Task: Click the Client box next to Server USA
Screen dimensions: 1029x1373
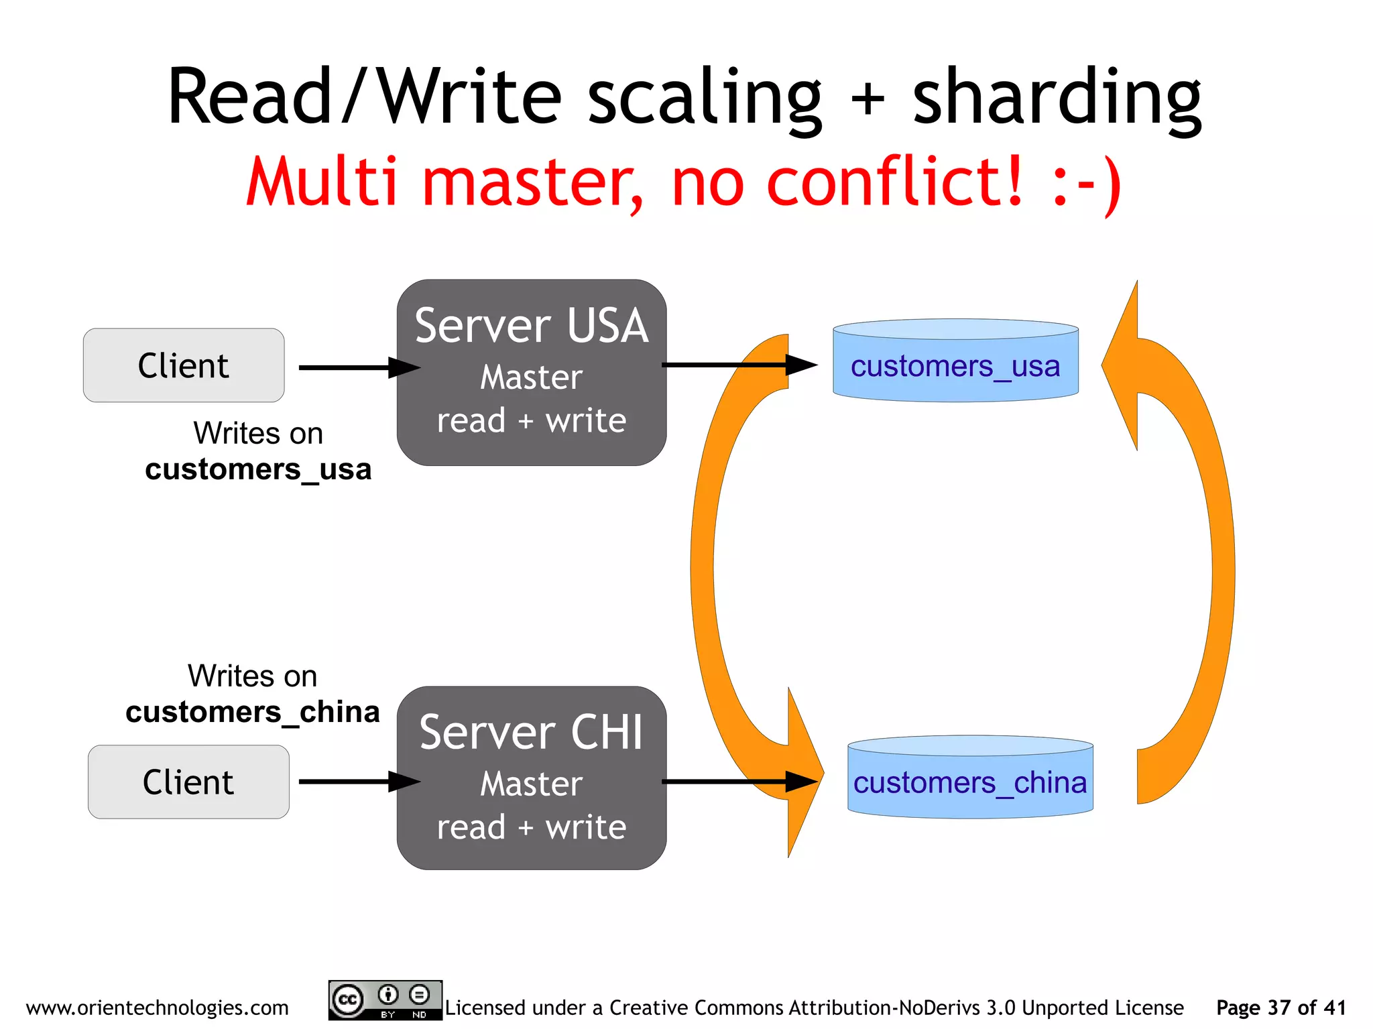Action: (183, 365)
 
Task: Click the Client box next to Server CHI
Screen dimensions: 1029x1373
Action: (188, 782)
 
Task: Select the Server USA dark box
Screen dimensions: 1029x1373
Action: (531, 373)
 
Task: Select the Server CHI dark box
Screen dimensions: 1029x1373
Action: (531, 778)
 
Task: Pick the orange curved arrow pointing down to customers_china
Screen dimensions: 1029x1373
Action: (704, 570)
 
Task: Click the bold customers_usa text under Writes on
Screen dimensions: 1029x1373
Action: (258, 469)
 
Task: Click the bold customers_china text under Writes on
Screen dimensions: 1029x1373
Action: (253, 712)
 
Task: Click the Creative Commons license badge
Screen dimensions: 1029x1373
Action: (385, 1000)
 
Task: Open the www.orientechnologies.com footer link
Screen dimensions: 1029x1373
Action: (157, 1008)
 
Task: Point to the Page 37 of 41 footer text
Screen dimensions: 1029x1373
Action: (1280, 1008)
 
